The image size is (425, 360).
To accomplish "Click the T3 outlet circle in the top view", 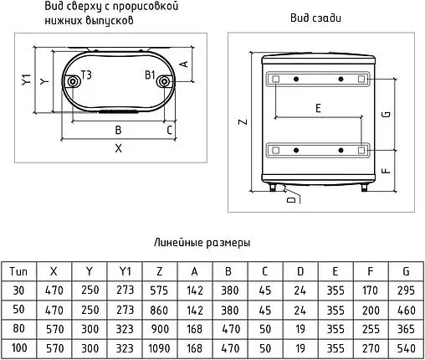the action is [x=73, y=82].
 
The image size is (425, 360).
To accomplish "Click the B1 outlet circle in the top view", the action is [x=165, y=82].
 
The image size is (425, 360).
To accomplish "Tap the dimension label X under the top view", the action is [x=119, y=148].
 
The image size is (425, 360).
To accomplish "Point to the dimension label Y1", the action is [x=26, y=80].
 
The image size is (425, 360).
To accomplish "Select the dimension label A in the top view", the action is [x=184, y=64].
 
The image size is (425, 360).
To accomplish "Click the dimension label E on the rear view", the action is [x=318, y=108].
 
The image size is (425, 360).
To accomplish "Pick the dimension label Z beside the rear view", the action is [x=243, y=121].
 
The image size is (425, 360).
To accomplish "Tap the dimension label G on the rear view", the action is [x=387, y=114].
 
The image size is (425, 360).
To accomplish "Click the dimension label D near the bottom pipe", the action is [x=291, y=199].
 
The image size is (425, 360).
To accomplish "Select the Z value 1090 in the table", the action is [x=159, y=348].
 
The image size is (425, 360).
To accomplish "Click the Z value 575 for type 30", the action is [x=159, y=291].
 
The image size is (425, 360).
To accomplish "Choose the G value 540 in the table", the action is [x=406, y=348].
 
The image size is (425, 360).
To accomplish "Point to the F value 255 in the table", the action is [x=371, y=329].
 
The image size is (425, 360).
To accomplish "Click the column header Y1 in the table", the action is [x=125, y=271].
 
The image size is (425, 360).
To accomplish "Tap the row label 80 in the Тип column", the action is [x=18, y=328].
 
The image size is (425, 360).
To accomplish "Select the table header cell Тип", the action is [x=18, y=271].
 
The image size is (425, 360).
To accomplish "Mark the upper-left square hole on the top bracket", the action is [x=275, y=79].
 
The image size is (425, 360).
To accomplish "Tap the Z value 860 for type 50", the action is [x=159, y=310].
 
